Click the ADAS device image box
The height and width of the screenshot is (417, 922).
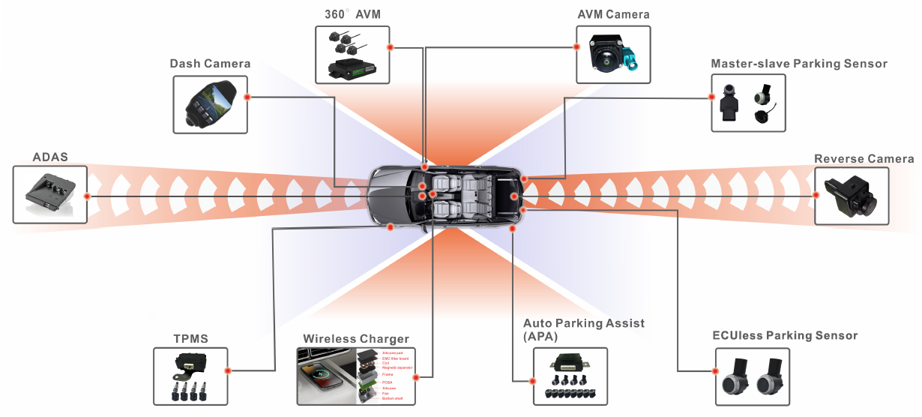50,195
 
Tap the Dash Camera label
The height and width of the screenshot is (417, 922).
210,64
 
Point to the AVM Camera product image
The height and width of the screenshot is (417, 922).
613,55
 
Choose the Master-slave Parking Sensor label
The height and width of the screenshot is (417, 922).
799,64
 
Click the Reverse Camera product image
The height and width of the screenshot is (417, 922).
852,196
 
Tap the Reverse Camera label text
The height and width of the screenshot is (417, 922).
864,159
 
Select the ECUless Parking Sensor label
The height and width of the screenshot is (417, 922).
785,335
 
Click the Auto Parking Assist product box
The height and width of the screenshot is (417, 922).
570,376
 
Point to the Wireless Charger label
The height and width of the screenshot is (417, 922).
356,339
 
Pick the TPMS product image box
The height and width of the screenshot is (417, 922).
190,376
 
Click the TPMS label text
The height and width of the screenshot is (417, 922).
190,339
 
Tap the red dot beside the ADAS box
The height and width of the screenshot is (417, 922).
88,196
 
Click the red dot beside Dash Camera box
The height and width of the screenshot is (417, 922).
247,97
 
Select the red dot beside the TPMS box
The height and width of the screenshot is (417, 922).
227,370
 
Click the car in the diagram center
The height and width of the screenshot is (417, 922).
447,195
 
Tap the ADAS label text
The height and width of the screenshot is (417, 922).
50,157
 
